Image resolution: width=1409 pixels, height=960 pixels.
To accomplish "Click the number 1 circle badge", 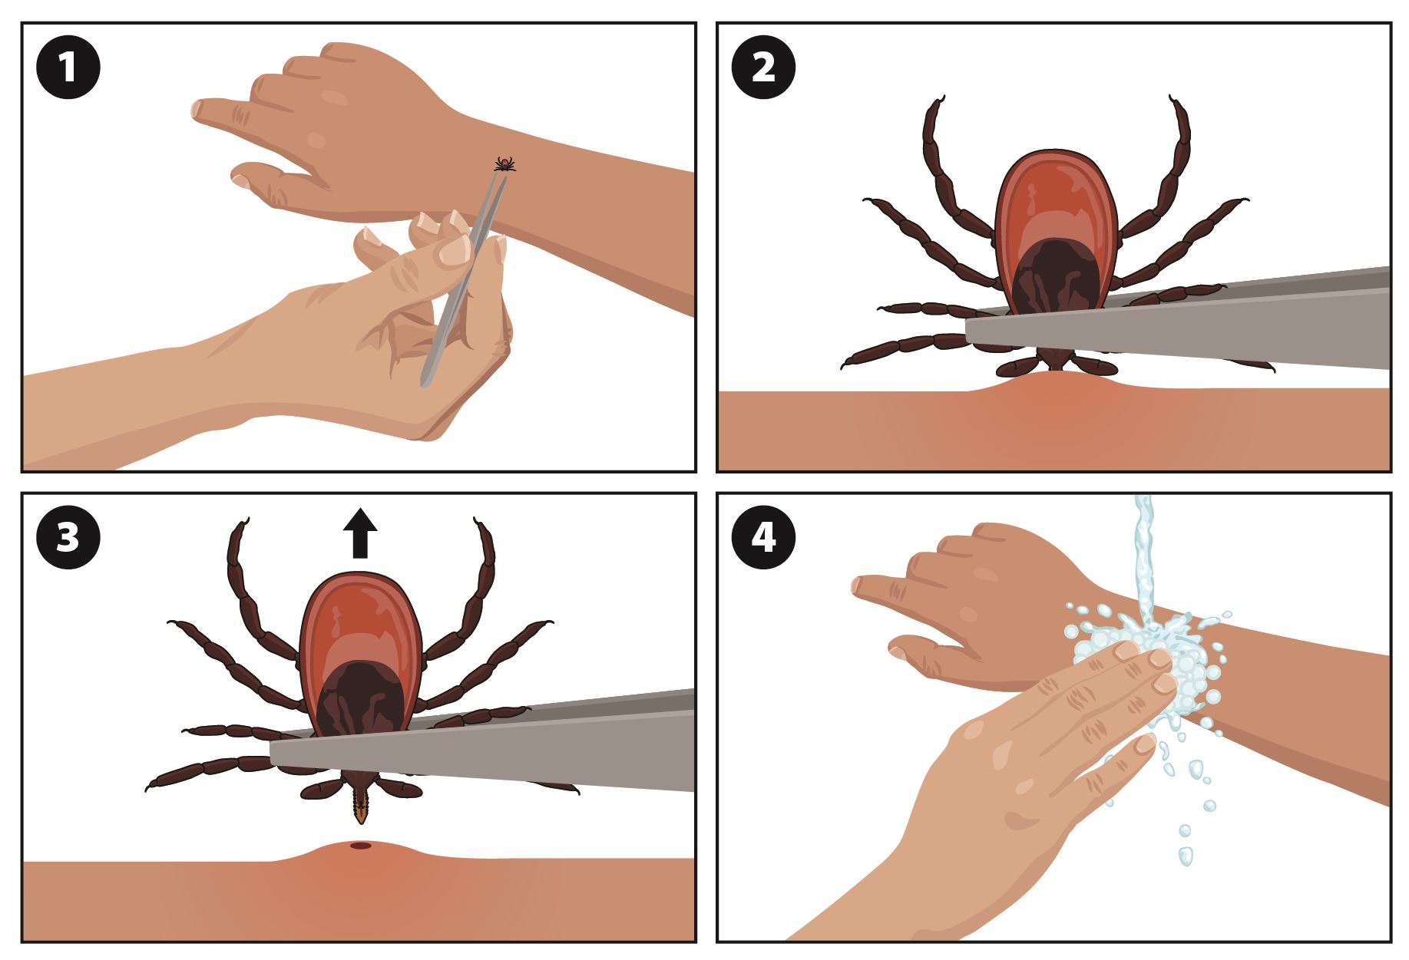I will (68, 69).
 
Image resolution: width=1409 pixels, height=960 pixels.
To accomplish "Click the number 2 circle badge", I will (764, 69).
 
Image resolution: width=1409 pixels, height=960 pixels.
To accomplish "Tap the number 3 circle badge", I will (68, 539).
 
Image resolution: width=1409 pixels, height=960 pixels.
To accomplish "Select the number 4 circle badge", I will (764, 539).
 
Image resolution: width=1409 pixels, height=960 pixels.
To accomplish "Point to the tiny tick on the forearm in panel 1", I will (504, 163).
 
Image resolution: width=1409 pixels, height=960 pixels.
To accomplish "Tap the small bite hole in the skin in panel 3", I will (360, 846).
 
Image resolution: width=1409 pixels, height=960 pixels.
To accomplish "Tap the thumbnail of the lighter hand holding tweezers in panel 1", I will (455, 251).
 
